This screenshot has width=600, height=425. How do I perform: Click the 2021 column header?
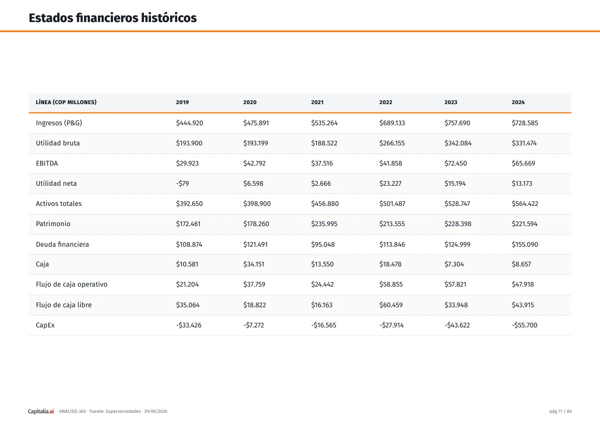317,102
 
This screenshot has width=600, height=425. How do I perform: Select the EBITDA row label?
47,163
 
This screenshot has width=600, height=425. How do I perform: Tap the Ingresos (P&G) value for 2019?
189,123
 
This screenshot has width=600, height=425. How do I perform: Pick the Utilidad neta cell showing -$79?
182,183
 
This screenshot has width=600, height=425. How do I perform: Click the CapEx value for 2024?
525,325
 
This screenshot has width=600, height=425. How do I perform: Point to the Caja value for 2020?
254,264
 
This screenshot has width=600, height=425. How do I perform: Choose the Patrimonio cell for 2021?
324,224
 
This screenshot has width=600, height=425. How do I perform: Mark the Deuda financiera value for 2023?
457,244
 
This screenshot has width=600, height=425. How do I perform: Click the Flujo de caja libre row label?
64,305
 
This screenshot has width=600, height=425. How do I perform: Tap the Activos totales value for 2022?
392,204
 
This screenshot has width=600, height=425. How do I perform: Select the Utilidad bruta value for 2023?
458,143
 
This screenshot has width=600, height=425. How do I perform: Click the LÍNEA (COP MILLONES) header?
66,102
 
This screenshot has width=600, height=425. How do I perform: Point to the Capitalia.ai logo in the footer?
41,411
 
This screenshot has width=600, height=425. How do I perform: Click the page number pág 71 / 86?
560,411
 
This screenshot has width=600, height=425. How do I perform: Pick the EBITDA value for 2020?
255,163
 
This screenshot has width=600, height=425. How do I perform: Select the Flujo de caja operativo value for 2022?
391,284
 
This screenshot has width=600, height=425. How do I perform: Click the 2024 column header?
518,102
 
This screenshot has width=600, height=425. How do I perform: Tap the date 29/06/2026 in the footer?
156,411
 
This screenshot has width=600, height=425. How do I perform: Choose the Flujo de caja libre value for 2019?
188,305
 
